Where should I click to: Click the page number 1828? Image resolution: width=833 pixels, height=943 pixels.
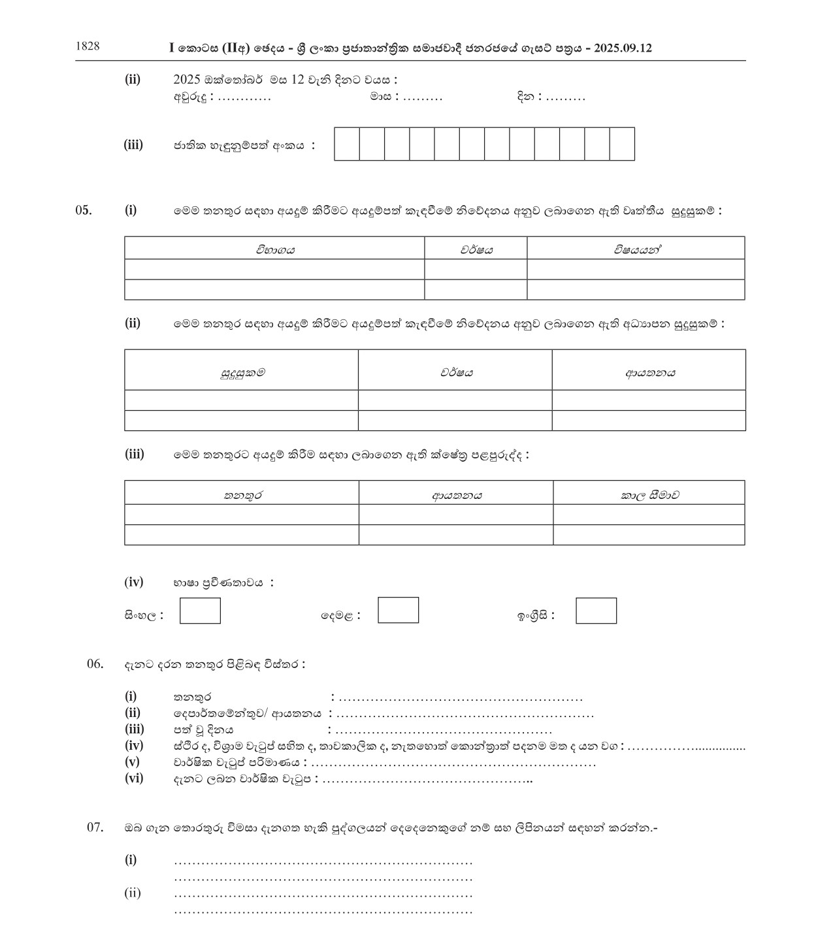(x=88, y=46)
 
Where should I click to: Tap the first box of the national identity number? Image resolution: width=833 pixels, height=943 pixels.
(x=347, y=144)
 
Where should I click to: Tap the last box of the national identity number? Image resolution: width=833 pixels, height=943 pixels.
(x=622, y=144)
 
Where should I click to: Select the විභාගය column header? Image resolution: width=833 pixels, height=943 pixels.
(x=274, y=249)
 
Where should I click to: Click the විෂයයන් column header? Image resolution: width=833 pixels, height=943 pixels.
(x=636, y=249)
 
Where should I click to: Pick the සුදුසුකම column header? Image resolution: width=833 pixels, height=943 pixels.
(x=242, y=372)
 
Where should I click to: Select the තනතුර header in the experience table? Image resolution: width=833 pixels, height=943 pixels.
(x=242, y=494)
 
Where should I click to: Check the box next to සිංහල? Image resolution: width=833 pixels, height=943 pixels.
(x=200, y=611)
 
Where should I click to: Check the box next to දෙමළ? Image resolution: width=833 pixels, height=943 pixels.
(x=398, y=610)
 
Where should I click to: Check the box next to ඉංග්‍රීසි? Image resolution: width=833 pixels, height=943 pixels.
(x=596, y=611)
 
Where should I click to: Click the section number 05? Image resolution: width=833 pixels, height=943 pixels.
(x=84, y=210)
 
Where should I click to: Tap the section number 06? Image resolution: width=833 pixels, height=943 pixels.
(x=95, y=664)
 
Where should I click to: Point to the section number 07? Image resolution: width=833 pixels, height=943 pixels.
(x=95, y=827)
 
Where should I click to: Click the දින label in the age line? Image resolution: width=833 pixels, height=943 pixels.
(x=526, y=97)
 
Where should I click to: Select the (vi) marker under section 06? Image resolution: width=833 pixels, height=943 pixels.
(x=134, y=778)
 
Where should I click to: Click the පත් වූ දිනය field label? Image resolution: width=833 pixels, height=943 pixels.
(x=203, y=729)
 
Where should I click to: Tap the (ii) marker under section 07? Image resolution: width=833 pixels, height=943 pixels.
(x=133, y=893)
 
